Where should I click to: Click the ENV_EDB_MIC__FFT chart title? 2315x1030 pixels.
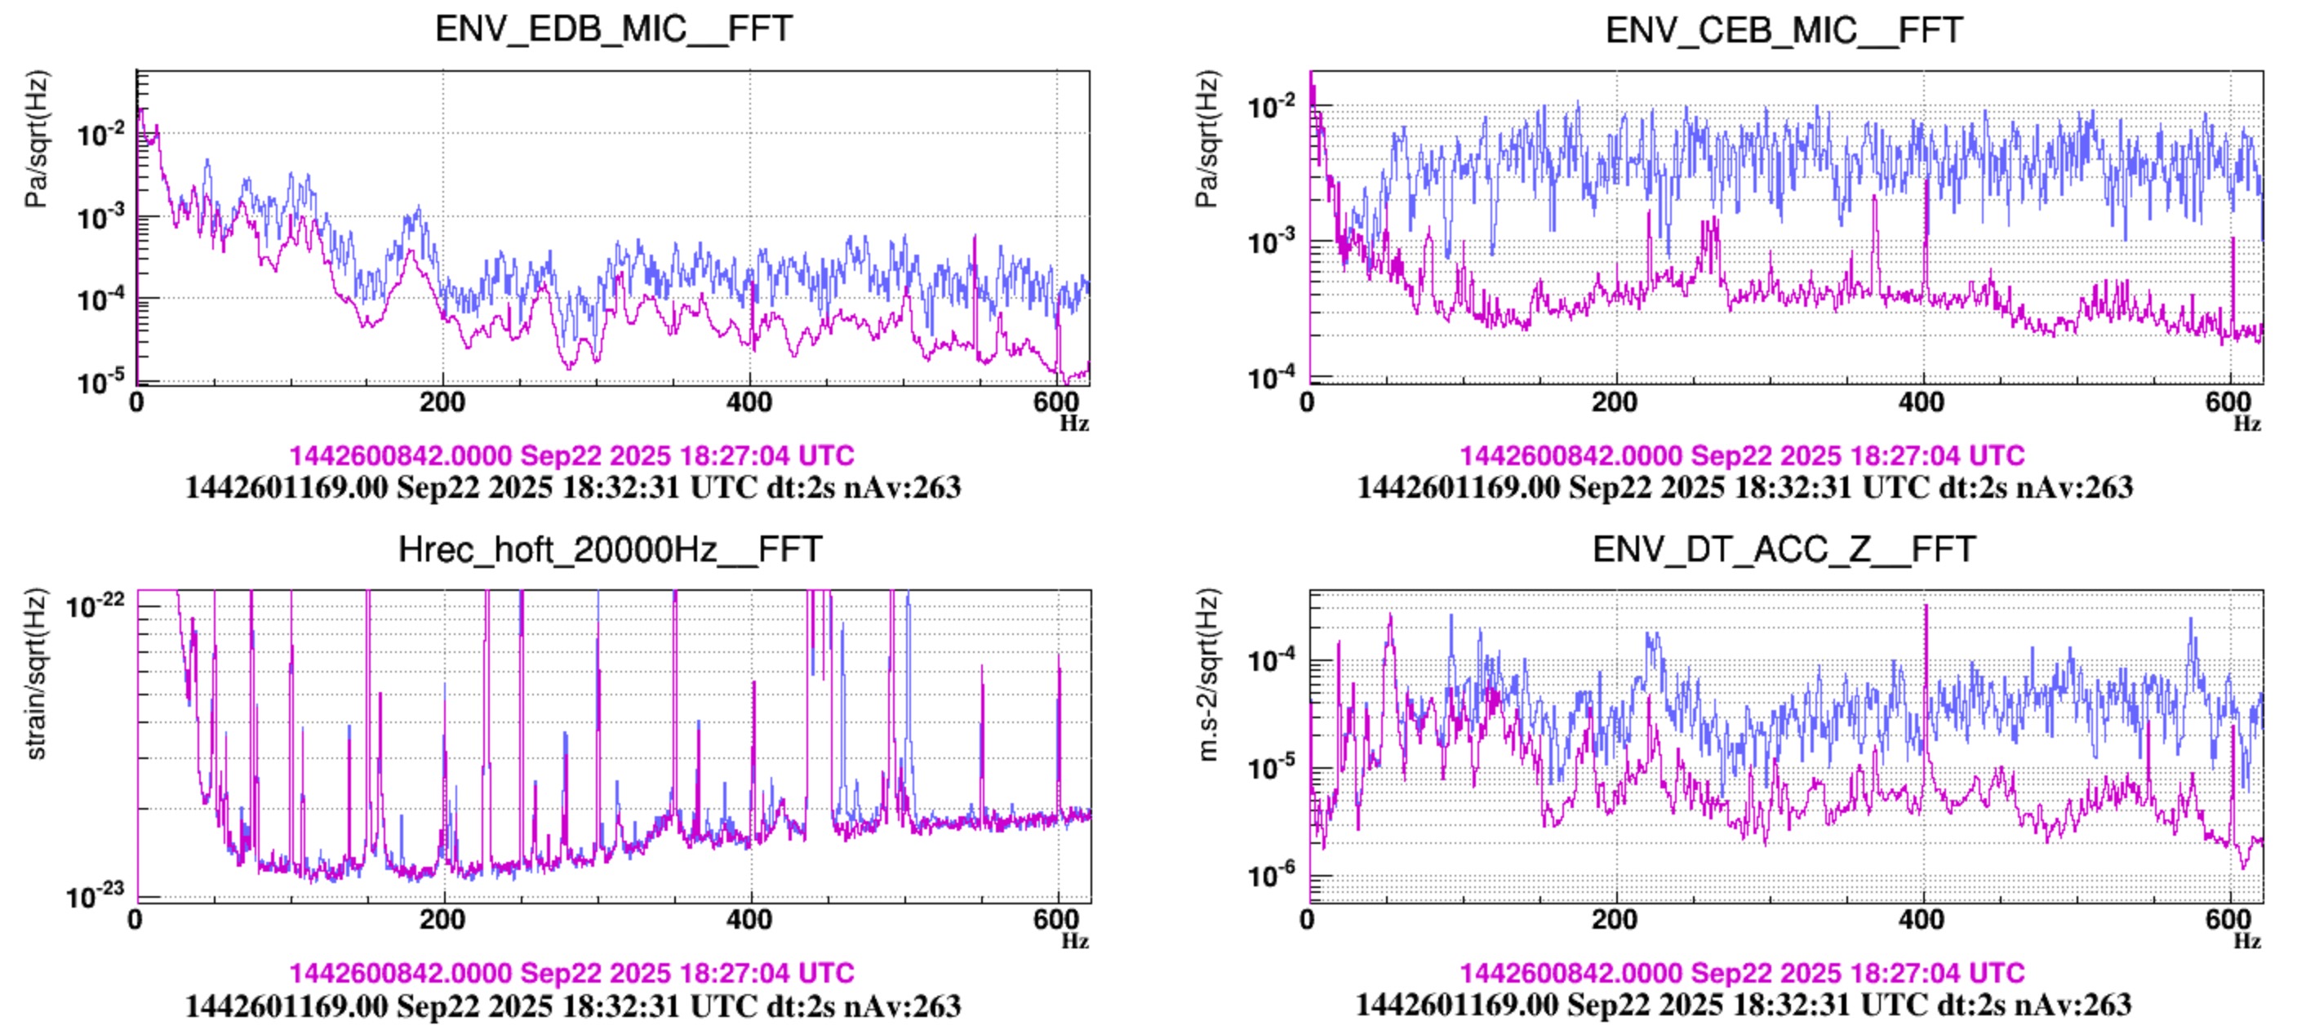614,29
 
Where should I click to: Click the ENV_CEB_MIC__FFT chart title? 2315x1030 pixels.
1784,30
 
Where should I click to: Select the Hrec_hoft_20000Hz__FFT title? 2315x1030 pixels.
609,549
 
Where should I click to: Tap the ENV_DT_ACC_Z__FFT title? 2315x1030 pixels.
1784,549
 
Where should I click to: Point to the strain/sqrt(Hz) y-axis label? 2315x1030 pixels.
36,674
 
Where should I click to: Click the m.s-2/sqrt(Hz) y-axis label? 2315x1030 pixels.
1208,674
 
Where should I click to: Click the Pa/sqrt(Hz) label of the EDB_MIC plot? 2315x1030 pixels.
36,140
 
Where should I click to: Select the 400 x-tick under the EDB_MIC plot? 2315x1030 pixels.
749,402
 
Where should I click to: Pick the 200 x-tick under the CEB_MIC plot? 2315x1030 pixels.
1615,402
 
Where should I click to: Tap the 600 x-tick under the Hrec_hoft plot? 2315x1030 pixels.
1056,920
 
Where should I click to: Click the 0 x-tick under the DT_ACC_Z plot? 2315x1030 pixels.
1309,920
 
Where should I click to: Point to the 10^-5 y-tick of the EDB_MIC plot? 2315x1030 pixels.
100,383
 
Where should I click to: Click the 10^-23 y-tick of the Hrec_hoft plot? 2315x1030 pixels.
96,895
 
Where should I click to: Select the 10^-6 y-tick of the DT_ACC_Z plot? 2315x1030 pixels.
1271,873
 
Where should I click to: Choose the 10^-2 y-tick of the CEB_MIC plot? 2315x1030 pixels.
1271,108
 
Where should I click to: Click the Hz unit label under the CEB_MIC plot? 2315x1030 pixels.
2246,424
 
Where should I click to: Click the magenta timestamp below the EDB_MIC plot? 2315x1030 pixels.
571,455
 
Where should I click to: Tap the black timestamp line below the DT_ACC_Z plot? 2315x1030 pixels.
1744,1005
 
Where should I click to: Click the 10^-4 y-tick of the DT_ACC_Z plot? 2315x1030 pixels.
1271,660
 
